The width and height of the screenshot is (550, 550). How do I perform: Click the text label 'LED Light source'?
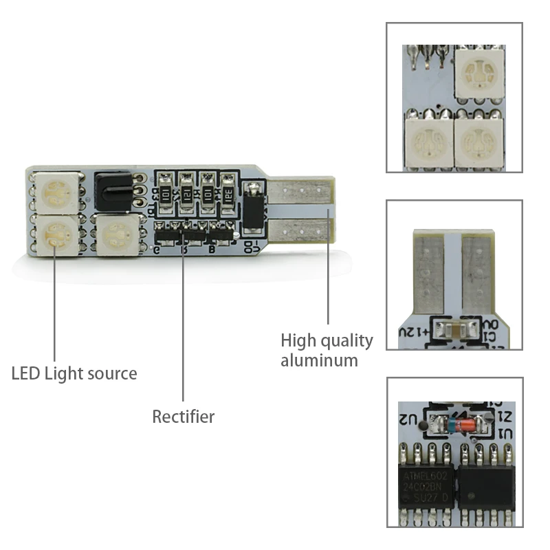(x=74, y=374)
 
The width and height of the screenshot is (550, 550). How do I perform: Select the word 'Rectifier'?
(x=184, y=417)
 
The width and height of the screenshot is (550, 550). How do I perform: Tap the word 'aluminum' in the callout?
(x=319, y=360)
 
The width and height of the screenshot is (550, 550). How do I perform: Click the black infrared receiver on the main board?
(x=112, y=184)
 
